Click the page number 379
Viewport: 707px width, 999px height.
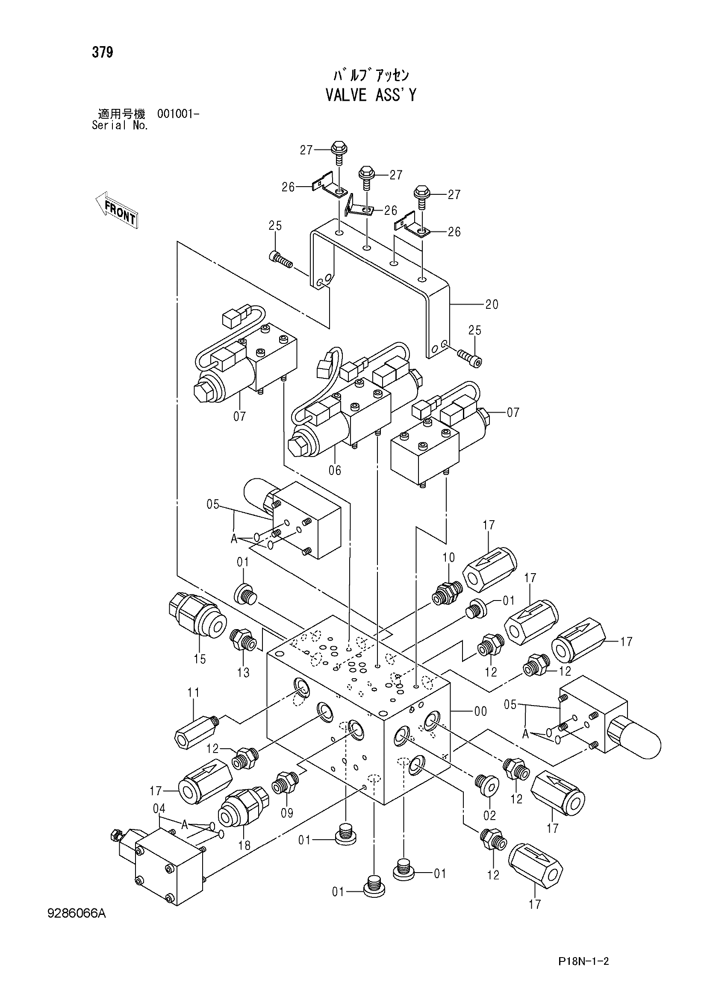pyautogui.click(x=102, y=53)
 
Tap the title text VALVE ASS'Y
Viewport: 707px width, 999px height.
pyautogui.click(x=371, y=95)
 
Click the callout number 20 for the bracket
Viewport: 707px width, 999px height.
pyautogui.click(x=492, y=304)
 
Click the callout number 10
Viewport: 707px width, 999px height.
pyautogui.click(x=448, y=557)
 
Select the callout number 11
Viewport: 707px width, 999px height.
pyautogui.click(x=193, y=692)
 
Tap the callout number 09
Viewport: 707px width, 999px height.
pyautogui.click(x=287, y=812)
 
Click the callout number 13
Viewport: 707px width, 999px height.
pyautogui.click(x=243, y=673)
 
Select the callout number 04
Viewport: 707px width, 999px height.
pyautogui.click(x=159, y=809)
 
